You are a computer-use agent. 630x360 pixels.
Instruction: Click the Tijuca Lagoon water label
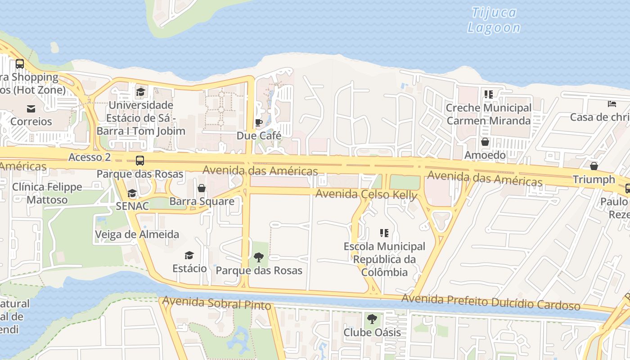click(494, 20)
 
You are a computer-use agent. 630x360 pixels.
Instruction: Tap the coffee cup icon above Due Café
click(259, 122)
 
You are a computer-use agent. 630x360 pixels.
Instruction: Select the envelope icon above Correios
click(31, 108)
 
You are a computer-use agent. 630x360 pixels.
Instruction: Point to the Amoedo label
click(485, 155)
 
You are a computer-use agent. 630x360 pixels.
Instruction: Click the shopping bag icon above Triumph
click(594, 166)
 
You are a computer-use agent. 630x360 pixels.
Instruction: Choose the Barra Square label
click(202, 201)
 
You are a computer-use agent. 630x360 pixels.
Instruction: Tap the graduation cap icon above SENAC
click(132, 193)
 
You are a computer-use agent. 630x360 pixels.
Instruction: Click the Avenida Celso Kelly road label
click(366, 194)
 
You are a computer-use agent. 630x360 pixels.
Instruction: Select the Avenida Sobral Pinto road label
click(216, 303)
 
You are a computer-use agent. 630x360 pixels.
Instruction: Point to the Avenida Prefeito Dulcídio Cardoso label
click(490, 302)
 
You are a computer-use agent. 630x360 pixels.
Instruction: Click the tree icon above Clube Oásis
click(372, 319)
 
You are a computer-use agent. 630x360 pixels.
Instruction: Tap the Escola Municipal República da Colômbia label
click(384, 259)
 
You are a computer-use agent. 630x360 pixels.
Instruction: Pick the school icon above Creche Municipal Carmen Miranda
click(488, 94)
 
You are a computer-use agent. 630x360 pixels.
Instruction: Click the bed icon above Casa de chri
click(612, 104)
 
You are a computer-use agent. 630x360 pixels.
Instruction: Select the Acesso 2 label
click(90, 157)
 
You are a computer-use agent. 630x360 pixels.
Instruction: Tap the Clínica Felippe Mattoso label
click(47, 193)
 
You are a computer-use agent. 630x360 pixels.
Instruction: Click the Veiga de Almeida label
click(137, 234)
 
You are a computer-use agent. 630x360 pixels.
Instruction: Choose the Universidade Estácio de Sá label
click(141, 118)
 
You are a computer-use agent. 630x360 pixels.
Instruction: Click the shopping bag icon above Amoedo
click(485, 142)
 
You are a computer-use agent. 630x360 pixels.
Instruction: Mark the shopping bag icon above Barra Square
click(202, 188)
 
